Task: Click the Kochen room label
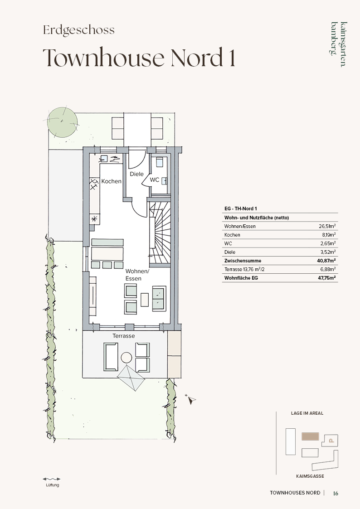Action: coord(112,181)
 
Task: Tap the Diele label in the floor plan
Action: coord(136,174)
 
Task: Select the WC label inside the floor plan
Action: coord(155,179)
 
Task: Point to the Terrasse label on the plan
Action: coord(124,336)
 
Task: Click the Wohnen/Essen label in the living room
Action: coord(137,275)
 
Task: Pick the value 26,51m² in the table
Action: coord(327,226)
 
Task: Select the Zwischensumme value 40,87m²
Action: coord(326,260)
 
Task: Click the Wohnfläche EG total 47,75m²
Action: coord(326,277)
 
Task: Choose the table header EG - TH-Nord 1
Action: coord(241,209)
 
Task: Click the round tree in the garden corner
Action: coord(62,122)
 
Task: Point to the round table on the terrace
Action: coord(126,358)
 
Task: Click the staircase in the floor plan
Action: coord(160,233)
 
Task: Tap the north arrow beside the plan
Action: coord(191,400)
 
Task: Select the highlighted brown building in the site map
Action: coord(310,436)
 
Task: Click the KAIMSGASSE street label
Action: coord(310,476)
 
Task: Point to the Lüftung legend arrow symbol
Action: coord(52,479)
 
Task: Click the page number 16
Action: coord(336,493)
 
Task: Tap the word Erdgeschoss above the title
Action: coord(79,30)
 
